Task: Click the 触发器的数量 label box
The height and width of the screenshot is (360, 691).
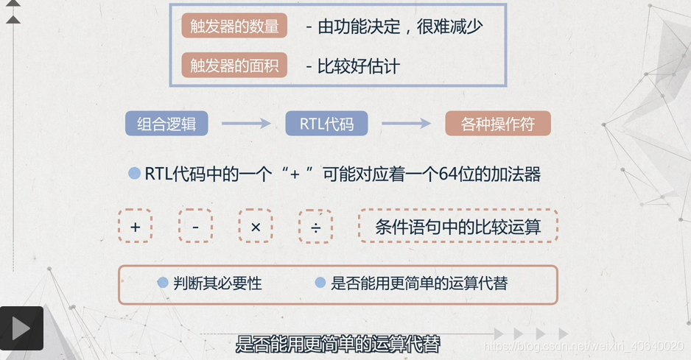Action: point(234,27)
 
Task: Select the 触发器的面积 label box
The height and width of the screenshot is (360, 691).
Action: point(234,66)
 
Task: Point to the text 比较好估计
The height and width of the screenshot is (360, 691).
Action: point(358,66)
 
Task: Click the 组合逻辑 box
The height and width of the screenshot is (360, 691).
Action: point(166,124)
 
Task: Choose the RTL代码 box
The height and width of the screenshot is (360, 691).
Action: point(326,124)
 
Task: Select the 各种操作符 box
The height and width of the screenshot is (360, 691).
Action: point(498,124)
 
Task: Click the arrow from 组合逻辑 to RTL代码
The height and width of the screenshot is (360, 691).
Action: point(247,124)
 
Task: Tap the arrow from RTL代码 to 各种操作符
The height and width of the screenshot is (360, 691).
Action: point(406,124)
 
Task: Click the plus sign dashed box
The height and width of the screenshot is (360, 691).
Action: point(135,226)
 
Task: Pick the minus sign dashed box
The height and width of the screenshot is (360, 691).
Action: point(195,226)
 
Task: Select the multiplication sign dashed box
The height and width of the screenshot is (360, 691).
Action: point(256,226)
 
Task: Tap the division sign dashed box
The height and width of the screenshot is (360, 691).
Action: point(315,226)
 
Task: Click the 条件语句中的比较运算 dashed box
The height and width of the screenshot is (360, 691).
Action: point(457,226)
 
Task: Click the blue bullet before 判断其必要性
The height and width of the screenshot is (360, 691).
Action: point(164,282)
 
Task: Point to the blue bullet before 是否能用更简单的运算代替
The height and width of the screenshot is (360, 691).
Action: point(320,282)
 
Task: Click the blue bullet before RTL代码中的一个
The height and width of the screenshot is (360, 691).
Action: point(134,174)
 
